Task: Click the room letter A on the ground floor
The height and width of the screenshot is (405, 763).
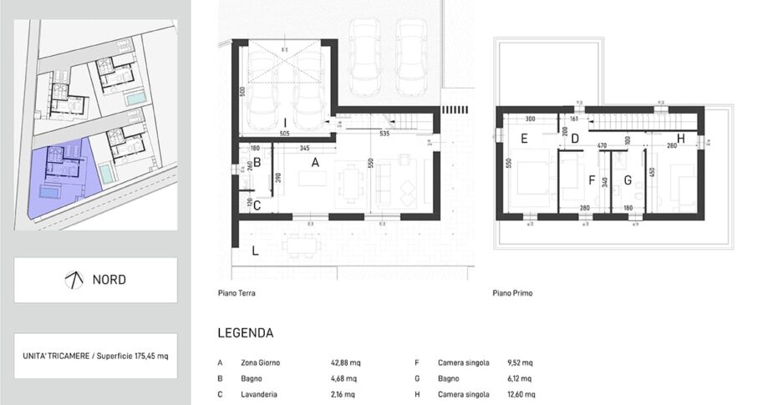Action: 315,164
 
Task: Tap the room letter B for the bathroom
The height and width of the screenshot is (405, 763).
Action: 257,163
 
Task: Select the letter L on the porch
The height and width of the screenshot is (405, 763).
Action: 255,251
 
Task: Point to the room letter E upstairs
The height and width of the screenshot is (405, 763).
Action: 524,139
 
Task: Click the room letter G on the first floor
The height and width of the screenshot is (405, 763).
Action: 627,179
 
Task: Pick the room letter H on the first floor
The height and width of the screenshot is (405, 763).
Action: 681,139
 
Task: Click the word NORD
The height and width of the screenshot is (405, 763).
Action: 109,280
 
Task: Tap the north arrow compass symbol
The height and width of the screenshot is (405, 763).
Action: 74,280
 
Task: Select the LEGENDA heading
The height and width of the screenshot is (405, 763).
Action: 245,333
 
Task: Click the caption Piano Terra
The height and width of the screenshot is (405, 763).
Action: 236,294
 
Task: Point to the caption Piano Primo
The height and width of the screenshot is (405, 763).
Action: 512,294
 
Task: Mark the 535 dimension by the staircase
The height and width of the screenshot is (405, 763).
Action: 384,133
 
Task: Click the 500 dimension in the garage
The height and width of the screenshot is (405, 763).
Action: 241,91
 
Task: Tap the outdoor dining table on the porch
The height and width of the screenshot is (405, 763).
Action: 302,246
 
